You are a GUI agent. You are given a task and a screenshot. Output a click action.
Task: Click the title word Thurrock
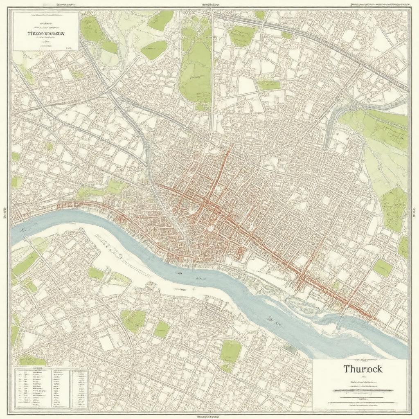pyautogui.click(x=363, y=369)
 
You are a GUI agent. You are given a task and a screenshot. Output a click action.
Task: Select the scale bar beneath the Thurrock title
pyautogui.click(x=363, y=391)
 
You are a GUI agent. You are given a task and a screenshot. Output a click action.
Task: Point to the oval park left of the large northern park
pyautogui.click(x=154, y=50)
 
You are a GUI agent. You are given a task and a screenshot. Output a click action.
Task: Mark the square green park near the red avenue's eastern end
pyautogui.click(x=383, y=268)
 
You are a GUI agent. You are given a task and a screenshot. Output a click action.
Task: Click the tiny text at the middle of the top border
pyautogui.click(x=209, y=4)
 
